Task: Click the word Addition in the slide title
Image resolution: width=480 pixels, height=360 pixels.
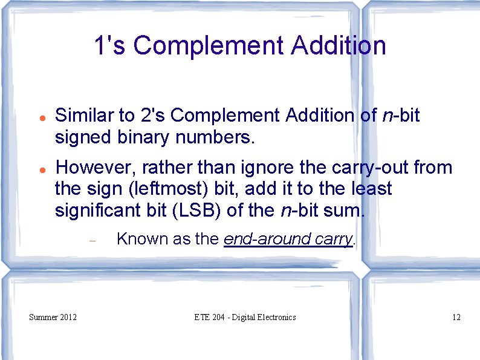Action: pyautogui.click(x=338, y=45)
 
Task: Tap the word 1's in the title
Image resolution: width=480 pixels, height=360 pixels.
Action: pyautogui.click(x=110, y=45)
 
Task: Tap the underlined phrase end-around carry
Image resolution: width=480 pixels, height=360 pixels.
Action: pyautogui.click(x=288, y=239)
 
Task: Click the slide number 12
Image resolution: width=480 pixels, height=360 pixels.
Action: pyautogui.click(x=456, y=317)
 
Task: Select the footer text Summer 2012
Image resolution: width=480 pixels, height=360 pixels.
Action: pyautogui.click(x=53, y=317)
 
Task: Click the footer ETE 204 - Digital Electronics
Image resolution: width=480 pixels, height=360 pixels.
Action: pyautogui.click(x=245, y=317)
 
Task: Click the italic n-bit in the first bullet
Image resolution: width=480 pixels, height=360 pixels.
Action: pyautogui.click(x=401, y=115)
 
